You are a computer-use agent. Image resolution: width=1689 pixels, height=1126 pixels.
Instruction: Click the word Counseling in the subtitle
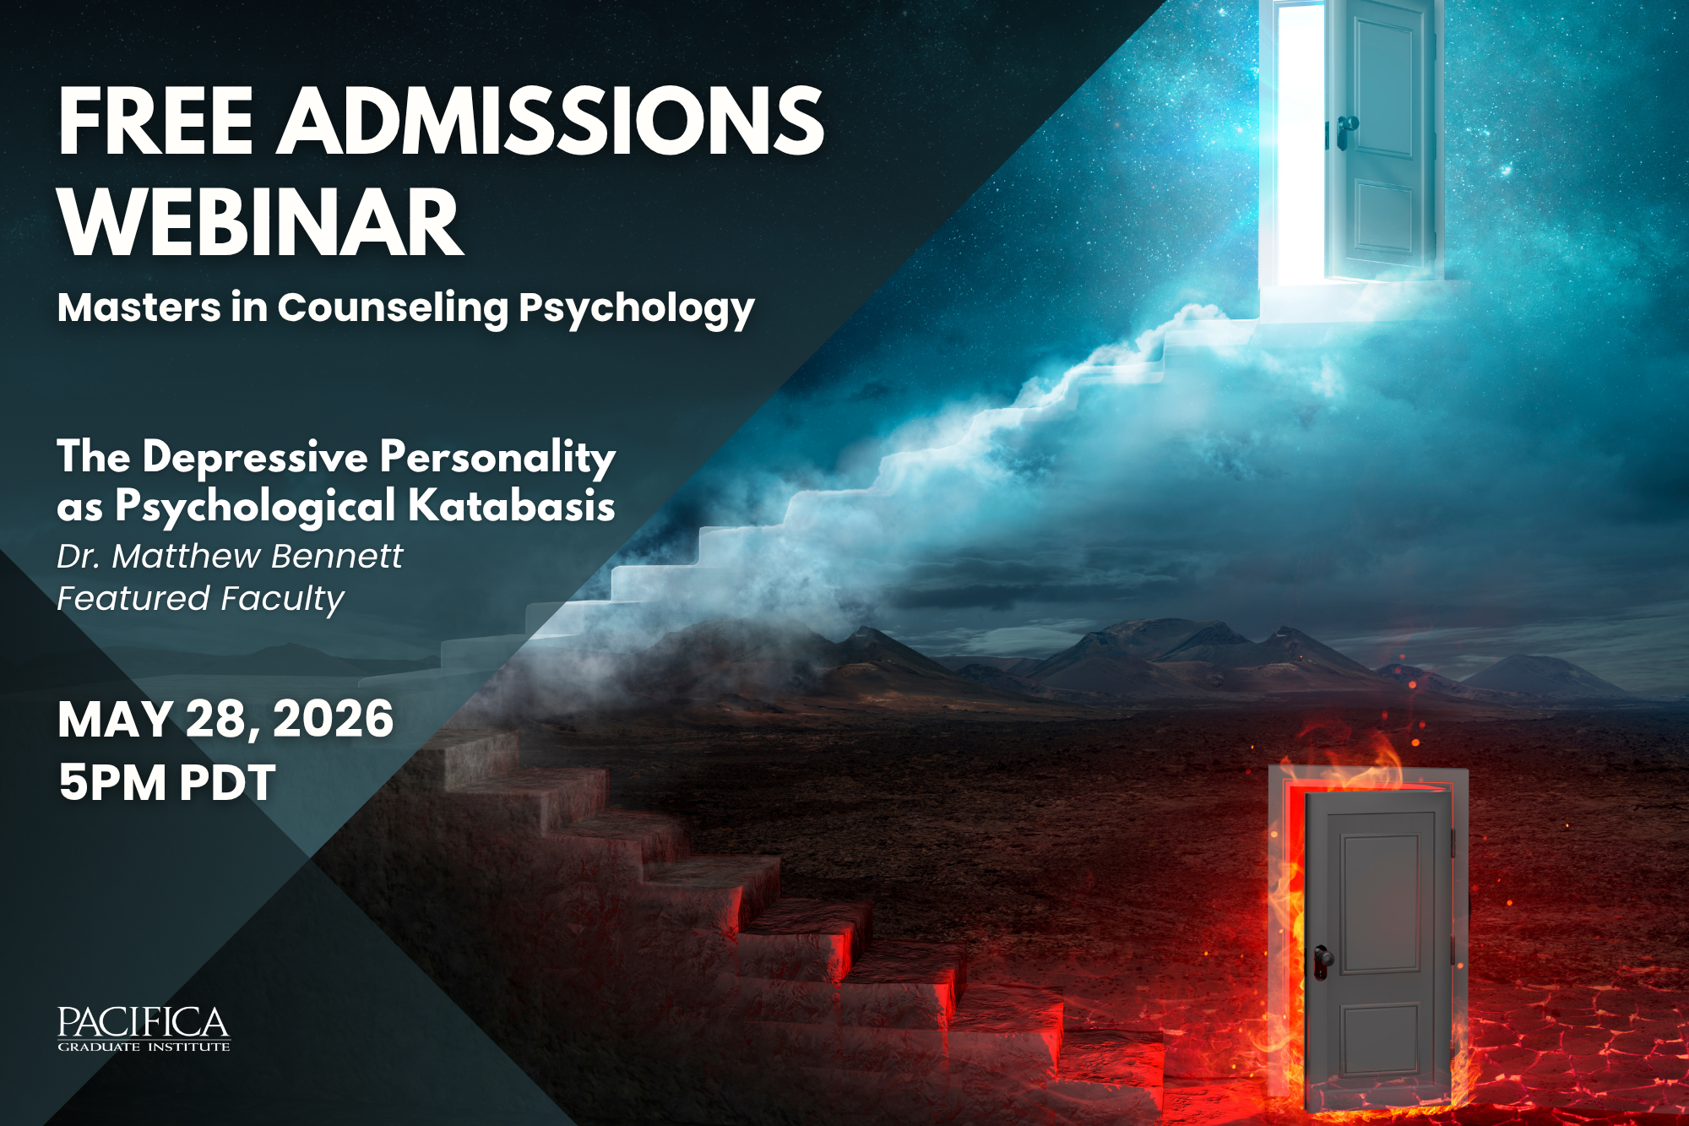click(x=393, y=309)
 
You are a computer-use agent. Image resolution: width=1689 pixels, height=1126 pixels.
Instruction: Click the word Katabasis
click(x=512, y=506)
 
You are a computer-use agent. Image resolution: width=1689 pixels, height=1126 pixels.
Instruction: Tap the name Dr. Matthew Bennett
click(x=230, y=557)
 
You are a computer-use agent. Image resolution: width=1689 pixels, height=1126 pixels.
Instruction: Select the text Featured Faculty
click(x=201, y=600)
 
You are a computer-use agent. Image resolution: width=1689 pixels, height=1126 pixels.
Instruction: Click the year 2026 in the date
click(x=333, y=720)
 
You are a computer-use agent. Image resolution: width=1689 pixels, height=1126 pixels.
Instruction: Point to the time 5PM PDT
click(x=167, y=782)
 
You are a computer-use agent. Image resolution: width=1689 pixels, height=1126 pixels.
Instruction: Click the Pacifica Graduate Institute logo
click(x=144, y=1029)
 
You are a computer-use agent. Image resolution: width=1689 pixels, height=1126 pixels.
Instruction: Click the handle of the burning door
click(x=1322, y=961)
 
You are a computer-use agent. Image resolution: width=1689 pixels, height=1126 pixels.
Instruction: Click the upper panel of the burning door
click(x=1381, y=904)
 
